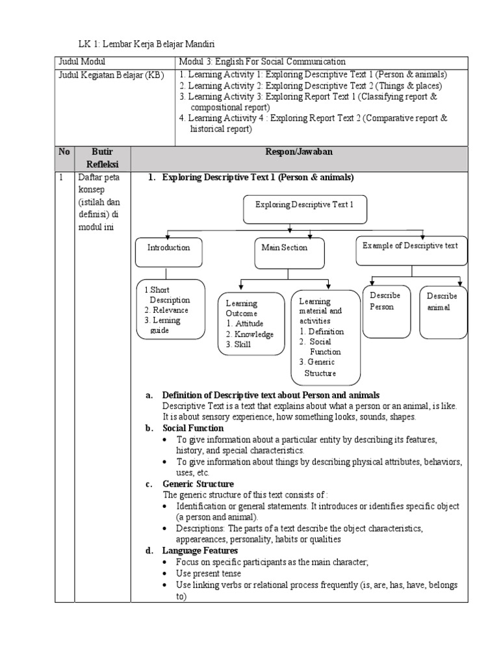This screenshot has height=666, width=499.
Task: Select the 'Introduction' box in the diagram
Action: click(169, 252)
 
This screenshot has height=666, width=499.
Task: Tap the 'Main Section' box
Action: click(285, 252)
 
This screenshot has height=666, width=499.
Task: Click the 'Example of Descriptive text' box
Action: click(411, 250)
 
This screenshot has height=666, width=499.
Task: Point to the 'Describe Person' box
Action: click(387, 311)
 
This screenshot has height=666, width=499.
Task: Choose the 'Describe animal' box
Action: click(442, 311)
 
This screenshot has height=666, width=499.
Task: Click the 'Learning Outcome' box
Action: click(251, 323)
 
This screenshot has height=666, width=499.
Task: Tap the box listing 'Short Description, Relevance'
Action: click(171, 309)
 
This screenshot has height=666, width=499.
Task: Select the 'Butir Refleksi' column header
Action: click(103, 158)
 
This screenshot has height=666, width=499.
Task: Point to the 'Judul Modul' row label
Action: click(78, 61)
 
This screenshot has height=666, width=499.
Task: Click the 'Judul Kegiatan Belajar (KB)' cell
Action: click(112, 75)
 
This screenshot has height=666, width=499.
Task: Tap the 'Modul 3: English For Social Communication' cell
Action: click(262, 61)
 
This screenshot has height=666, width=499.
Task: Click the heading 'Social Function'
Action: click(192, 428)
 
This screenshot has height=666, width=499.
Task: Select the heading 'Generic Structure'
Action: click(198, 484)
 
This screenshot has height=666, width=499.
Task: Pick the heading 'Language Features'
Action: click(200, 551)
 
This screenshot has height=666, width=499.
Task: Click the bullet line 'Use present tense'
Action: click(208, 574)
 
